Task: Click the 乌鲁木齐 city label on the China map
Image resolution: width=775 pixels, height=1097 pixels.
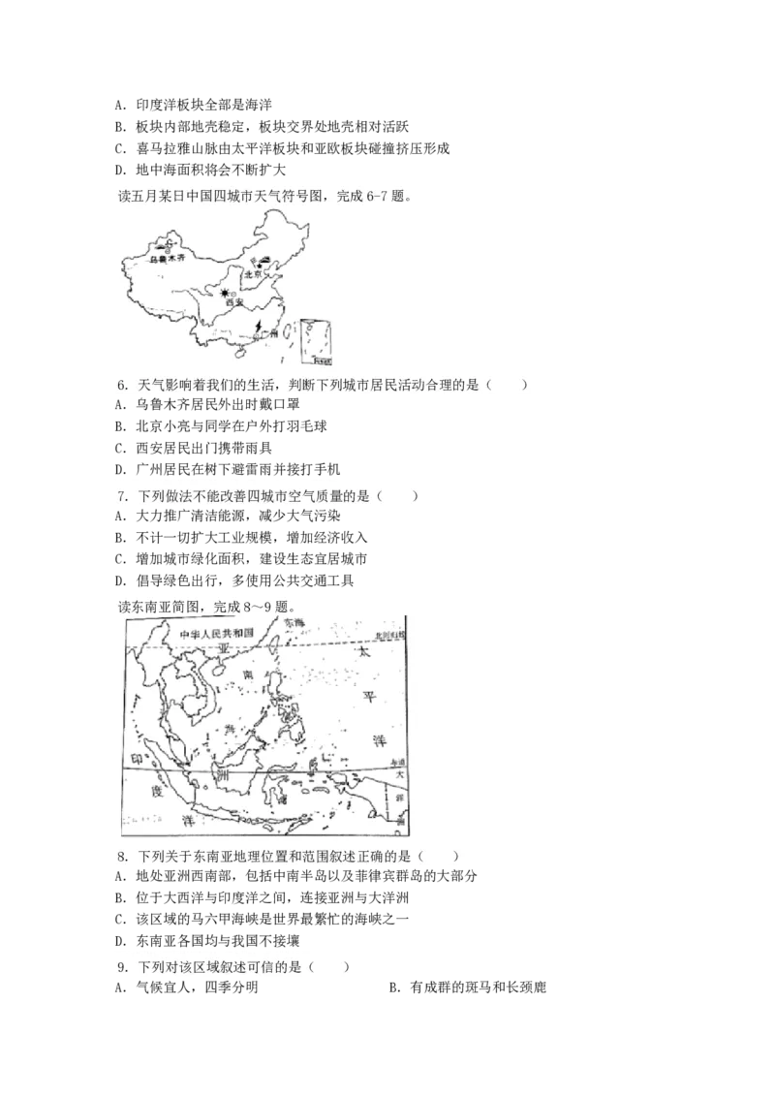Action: coord(162,260)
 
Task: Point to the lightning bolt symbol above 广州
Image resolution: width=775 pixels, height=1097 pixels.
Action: coord(259,327)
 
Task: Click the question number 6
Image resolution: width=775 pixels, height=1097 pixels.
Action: coord(122,386)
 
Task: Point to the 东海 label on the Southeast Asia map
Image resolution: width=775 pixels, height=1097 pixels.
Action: coord(294,623)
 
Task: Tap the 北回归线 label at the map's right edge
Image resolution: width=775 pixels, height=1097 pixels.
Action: coord(391,635)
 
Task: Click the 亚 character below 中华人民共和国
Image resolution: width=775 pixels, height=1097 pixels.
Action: coord(223,647)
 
